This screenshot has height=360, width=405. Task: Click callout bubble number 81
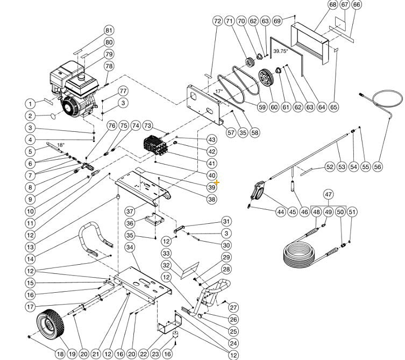pyautogui.click(x=109, y=30)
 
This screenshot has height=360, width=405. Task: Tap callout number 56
pyautogui.click(x=378, y=167)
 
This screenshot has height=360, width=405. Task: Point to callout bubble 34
pyautogui.click(x=130, y=247)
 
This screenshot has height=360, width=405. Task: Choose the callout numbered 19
pyautogui.click(x=72, y=354)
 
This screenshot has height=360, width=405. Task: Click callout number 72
pyautogui.click(x=217, y=21)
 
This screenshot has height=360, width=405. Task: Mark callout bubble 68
pyautogui.click(x=332, y=5)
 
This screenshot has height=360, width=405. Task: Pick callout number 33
pyautogui.click(x=166, y=253)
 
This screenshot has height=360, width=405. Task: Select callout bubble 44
pyautogui.click(x=280, y=212)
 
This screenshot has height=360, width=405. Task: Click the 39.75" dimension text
pyautogui.click(x=280, y=51)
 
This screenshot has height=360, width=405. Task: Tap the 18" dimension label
pyautogui.click(x=60, y=145)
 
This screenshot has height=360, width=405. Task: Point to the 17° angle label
pyautogui.click(x=219, y=92)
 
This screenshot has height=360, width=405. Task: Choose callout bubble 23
pyautogui.click(x=155, y=354)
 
